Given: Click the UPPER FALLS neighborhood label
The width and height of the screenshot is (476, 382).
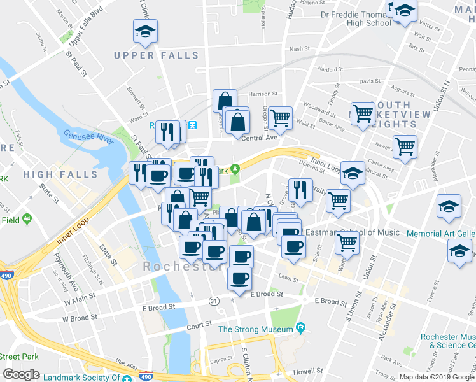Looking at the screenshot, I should click(157, 55).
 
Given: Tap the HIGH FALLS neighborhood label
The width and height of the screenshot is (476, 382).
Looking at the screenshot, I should click(60, 174).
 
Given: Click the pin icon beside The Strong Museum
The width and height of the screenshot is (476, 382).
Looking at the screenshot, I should click(300, 329).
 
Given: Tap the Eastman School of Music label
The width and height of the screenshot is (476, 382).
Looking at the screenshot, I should click(352, 233).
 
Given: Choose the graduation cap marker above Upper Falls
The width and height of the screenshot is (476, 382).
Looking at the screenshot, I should click(145, 31).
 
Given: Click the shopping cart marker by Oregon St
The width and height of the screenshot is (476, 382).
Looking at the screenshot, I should click(279, 118).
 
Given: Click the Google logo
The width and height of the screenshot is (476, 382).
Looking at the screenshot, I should click(21, 374).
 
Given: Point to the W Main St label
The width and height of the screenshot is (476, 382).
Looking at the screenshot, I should click(79, 295).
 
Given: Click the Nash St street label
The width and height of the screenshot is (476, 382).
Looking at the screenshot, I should click(298, 48).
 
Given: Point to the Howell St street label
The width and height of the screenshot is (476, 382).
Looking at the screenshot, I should click(304, 372).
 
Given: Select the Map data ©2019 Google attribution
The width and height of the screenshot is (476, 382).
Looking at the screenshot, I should click(436, 376).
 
